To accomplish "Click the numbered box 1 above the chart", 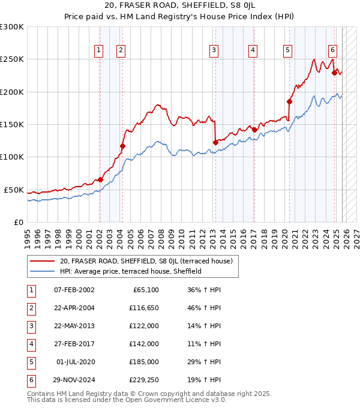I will click(x=98, y=50).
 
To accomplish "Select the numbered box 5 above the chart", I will click(x=288, y=50).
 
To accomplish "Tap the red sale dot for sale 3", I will click(x=215, y=142).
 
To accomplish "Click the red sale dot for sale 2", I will click(x=122, y=146).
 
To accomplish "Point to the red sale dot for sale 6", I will click(x=334, y=73).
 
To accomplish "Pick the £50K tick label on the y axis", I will click(x=14, y=190).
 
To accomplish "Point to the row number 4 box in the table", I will click(x=31, y=344).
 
